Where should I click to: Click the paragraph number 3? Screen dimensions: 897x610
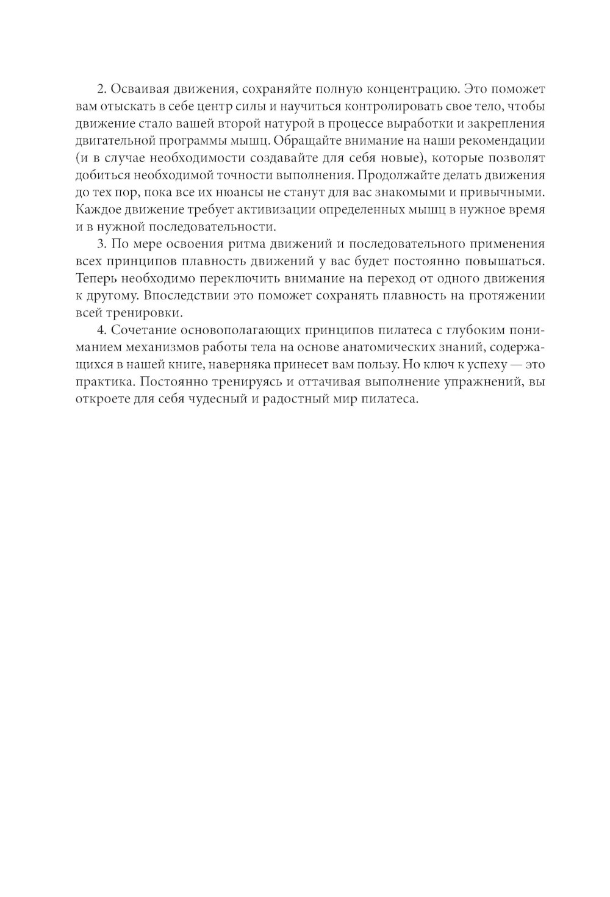(101, 245)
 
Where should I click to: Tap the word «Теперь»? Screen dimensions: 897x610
(96, 279)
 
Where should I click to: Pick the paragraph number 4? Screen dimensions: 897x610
(101, 331)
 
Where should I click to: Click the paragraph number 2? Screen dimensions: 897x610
(101, 89)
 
